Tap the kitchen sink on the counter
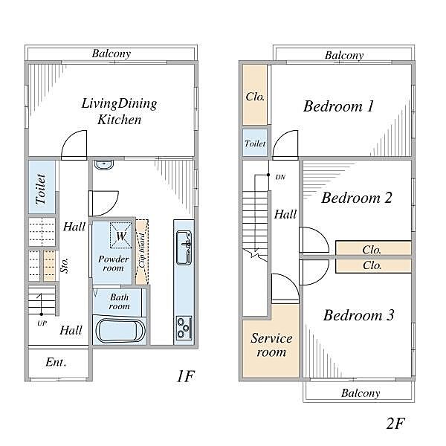tap(184, 248)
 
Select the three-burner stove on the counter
tap(184, 328)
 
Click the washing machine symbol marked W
tap(121, 235)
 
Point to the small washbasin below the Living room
tap(104, 165)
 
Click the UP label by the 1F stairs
tap(42, 323)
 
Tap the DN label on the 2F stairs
tap(280, 177)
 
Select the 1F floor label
tap(186, 376)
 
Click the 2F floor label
tap(395, 423)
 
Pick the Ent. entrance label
tap(56, 362)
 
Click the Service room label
tap(271, 345)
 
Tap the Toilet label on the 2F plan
tap(255, 143)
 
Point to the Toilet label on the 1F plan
tap(41, 189)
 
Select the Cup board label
tap(142, 251)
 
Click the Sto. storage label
tap(65, 265)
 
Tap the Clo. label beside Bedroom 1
tap(255, 97)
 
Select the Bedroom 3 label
tap(359, 315)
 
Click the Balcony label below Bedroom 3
tap(361, 392)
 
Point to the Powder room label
tap(113, 263)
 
